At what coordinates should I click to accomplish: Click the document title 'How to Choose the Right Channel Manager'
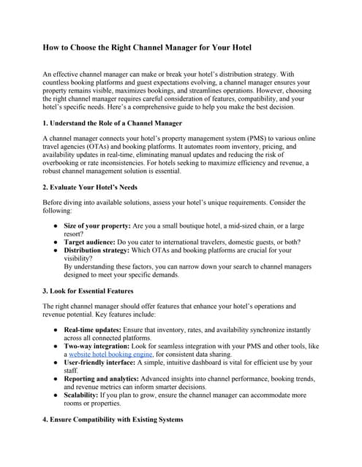click(x=147, y=47)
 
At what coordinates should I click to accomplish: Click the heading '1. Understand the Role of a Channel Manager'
click(x=113, y=123)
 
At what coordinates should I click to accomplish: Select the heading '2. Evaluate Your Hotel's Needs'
click(x=90, y=187)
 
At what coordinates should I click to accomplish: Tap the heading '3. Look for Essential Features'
click(x=88, y=291)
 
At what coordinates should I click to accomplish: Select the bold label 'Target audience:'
click(x=88, y=242)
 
